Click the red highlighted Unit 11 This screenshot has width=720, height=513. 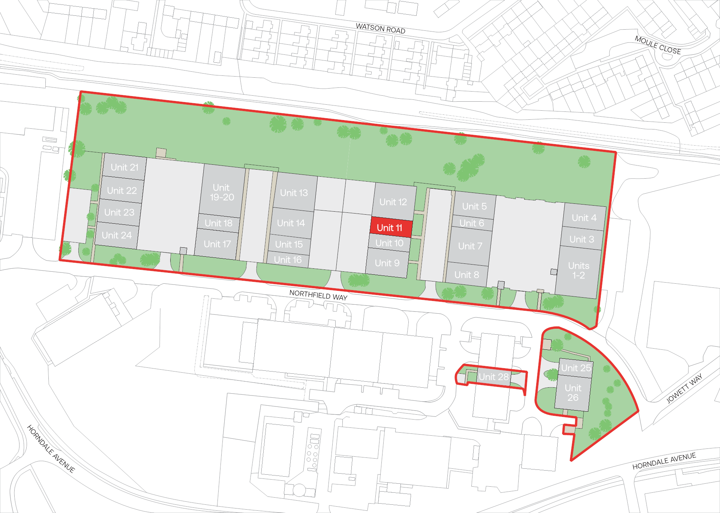(390, 227)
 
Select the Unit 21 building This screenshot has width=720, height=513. (124, 167)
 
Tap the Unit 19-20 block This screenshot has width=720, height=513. (222, 192)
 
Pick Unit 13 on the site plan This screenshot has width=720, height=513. (294, 193)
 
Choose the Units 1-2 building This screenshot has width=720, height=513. (578, 271)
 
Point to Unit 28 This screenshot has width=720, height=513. (493, 376)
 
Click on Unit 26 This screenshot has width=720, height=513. (573, 393)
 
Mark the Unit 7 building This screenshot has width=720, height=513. (470, 246)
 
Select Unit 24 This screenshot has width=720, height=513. (117, 235)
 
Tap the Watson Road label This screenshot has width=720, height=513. (380, 28)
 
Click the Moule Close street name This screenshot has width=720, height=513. (658, 45)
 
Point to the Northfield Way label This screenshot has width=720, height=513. (318, 295)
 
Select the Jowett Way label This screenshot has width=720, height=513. (684, 388)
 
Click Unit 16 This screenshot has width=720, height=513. (288, 260)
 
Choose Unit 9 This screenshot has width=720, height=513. (387, 263)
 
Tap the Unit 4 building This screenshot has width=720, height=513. (584, 218)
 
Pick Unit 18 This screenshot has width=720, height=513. (219, 223)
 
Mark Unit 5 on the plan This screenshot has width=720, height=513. (474, 206)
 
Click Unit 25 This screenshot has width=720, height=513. (576, 368)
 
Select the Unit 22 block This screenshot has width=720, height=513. (122, 190)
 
